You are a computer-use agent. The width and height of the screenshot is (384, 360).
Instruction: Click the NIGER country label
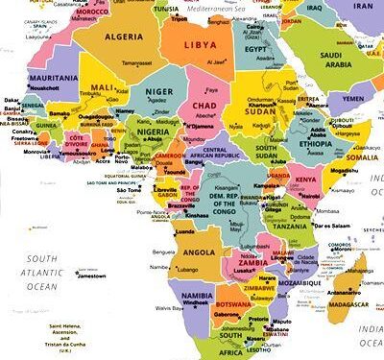[159, 92]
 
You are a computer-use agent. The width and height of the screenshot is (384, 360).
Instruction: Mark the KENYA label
[305, 180]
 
